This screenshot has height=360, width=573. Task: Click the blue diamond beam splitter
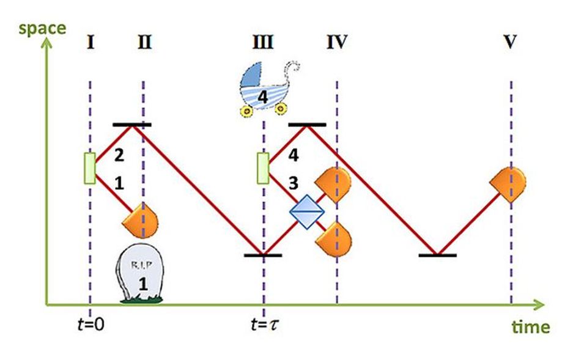306,212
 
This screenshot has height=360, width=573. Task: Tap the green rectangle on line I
89,168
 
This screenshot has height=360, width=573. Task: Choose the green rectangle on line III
262,168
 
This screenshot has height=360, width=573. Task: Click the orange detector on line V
508,182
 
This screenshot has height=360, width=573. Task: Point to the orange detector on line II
142,222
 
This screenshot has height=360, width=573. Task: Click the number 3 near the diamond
294,182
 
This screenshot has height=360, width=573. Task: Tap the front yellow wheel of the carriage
247,111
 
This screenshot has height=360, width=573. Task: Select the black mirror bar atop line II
132,125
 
